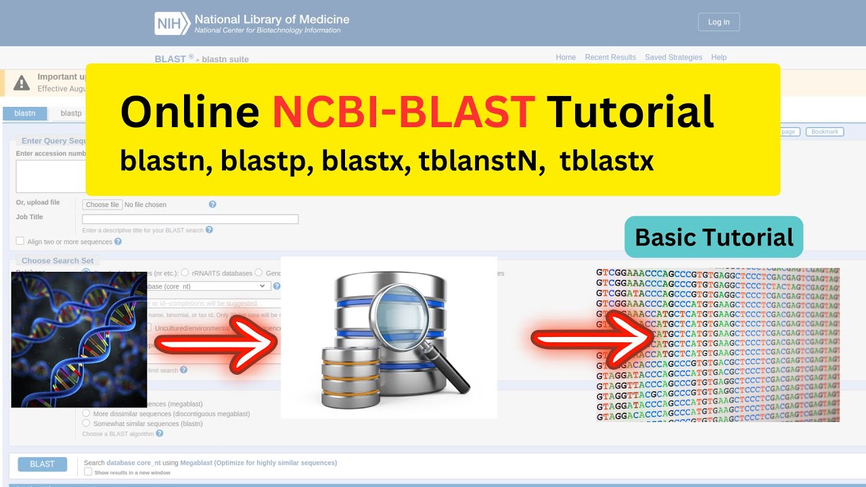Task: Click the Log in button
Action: pos(719,22)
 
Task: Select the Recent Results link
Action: pos(610,57)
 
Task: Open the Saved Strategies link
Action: pos(673,57)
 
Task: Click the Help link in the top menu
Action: pos(719,57)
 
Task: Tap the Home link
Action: pos(566,57)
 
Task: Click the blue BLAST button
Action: pos(42,464)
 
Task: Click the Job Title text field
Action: pos(190,219)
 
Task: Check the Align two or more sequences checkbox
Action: pos(20,241)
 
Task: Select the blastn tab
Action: pos(25,114)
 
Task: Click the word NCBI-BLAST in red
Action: pos(403,112)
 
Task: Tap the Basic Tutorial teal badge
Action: pos(714,237)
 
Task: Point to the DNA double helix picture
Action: pos(79,340)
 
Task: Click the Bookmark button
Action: pos(824,132)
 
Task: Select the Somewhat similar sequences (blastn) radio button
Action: pos(86,423)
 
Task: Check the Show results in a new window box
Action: pos(88,472)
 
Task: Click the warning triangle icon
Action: pos(22,83)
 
